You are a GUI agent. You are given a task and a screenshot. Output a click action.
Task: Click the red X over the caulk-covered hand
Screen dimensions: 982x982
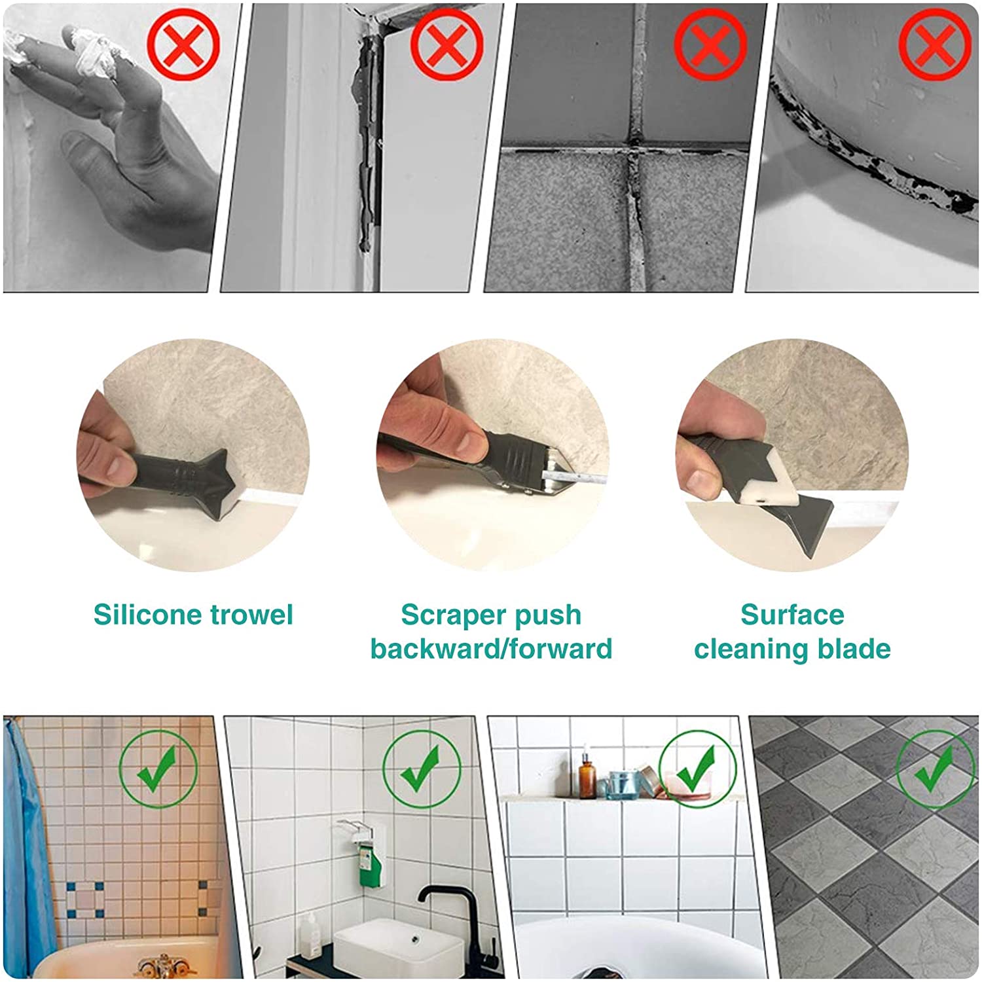tap(183, 44)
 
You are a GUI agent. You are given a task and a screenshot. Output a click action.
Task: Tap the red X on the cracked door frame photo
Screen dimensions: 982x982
tap(447, 44)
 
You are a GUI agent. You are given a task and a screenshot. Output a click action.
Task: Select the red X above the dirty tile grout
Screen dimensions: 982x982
tap(710, 44)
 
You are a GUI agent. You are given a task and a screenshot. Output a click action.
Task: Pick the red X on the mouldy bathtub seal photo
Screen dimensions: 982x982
tap(936, 44)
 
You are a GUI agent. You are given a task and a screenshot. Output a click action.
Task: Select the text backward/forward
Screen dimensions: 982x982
tap(491, 649)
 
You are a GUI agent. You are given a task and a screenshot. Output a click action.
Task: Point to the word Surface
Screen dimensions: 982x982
tap(792, 615)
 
